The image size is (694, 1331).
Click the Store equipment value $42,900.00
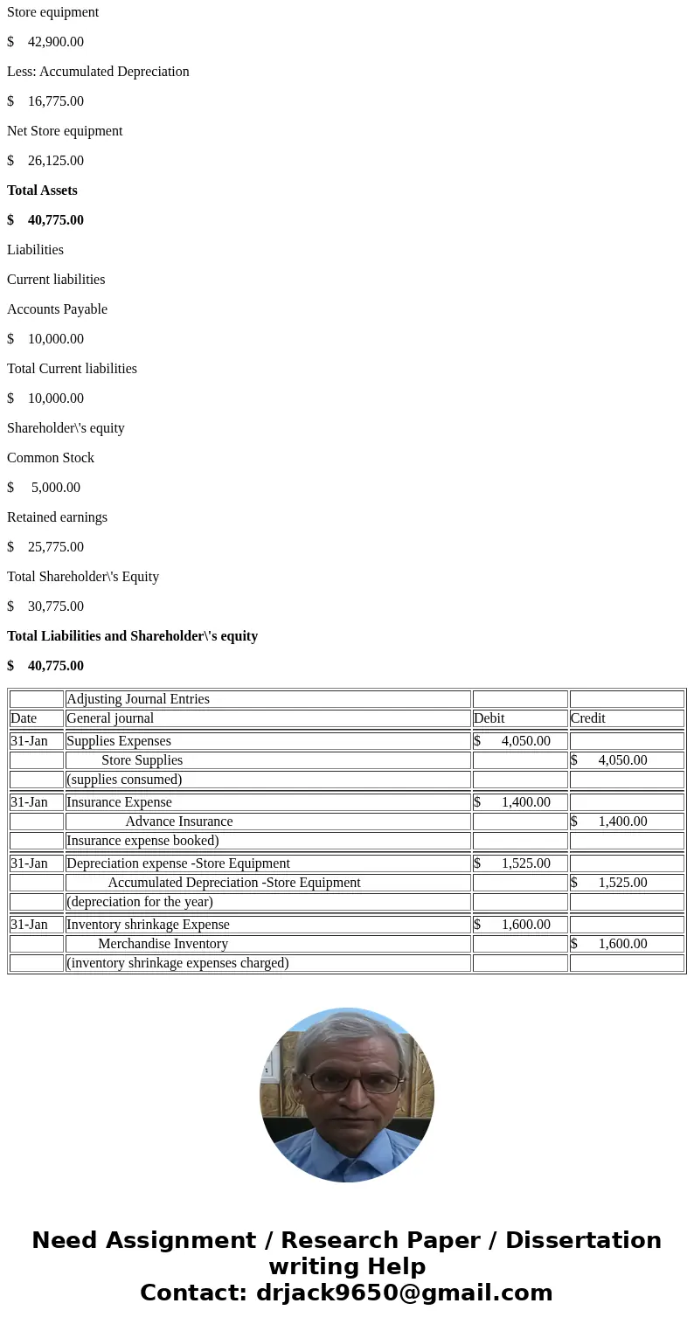point(45,42)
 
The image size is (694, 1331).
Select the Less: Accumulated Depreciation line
point(98,72)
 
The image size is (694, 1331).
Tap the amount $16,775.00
point(45,101)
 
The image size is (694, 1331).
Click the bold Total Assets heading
point(42,191)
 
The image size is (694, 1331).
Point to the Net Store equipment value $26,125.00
point(45,161)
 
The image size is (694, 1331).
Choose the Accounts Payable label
point(57,309)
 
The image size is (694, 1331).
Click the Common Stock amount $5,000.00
point(44,488)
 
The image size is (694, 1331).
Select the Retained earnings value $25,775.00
point(45,547)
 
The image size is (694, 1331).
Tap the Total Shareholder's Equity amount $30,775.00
point(45,607)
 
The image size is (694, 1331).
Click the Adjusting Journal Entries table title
point(138,699)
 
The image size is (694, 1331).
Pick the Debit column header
point(489,718)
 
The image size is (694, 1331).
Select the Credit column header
point(588,718)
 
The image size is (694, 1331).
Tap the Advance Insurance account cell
point(179,821)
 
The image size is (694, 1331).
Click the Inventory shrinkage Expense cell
point(149,925)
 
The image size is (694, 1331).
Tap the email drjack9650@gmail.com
point(404,1293)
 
